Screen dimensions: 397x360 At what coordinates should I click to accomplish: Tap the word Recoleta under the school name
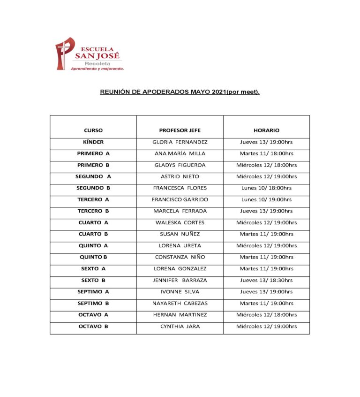pyautogui.click(x=97, y=63)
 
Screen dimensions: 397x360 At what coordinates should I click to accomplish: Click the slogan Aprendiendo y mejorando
pyautogui.click(x=97, y=69)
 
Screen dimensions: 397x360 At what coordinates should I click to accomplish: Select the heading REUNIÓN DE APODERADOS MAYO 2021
pyautogui.click(x=180, y=92)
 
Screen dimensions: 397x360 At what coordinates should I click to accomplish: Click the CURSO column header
pyautogui.click(x=93, y=130)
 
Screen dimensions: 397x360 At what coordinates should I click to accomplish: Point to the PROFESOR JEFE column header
pyautogui.click(x=180, y=130)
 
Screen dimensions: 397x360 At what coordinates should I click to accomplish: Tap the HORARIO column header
pyautogui.click(x=266, y=130)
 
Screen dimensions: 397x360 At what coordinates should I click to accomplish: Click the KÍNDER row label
pyautogui.click(x=93, y=142)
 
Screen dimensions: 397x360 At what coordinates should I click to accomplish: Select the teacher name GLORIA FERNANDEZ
pyautogui.click(x=180, y=142)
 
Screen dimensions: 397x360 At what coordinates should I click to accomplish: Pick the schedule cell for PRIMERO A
pyautogui.click(x=266, y=153)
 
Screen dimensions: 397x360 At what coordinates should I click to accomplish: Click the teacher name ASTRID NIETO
pyautogui.click(x=180, y=176)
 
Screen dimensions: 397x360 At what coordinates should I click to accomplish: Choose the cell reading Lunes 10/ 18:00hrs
pyautogui.click(x=266, y=188)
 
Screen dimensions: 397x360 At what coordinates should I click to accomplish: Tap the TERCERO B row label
pyautogui.click(x=93, y=211)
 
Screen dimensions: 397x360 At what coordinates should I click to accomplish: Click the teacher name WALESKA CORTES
pyautogui.click(x=180, y=222)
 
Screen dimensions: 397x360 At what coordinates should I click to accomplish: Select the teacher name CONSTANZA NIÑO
pyautogui.click(x=180, y=257)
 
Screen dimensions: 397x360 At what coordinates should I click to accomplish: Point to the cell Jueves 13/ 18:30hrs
pyautogui.click(x=266, y=280)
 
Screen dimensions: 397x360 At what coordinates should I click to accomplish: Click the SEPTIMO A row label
pyautogui.click(x=93, y=292)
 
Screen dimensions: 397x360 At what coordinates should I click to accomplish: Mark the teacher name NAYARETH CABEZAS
pyautogui.click(x=180, y=303)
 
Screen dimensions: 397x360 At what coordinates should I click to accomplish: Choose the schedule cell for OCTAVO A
pyautogui.click(x=266, y=315)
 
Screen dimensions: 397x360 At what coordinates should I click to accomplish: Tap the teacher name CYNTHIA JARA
pyautogui.click(x=180, y=326)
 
